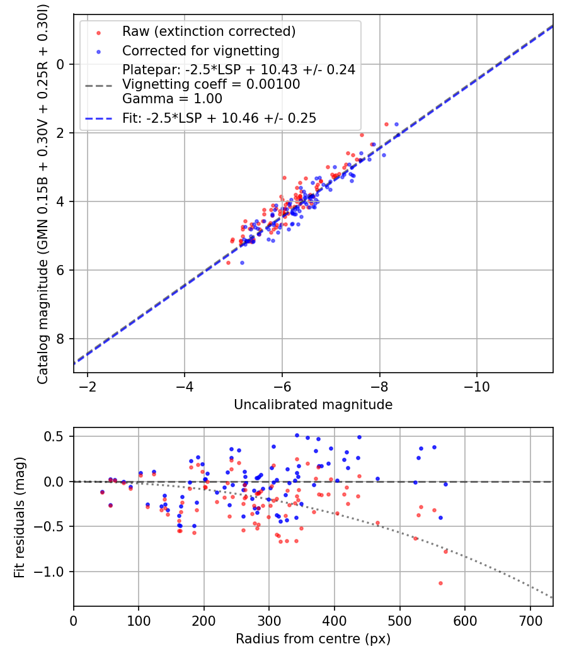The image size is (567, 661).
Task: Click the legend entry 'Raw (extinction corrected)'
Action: (x=209, y=31)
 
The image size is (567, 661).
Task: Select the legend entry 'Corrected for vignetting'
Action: (x=201, y=50)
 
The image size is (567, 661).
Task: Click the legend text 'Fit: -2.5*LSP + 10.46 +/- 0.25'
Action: (x=219, y=118)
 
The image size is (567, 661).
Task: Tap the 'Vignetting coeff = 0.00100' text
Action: (x=211, y=84)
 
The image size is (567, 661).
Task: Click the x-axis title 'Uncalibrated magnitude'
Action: (x=313, y=405)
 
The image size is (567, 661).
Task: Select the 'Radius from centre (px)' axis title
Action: (x=313, y=639)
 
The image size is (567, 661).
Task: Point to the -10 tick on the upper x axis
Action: (x=476, y=386)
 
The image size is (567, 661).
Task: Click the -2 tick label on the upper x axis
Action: (x=88, y=386)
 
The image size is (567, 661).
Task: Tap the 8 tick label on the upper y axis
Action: (x=61, y=339)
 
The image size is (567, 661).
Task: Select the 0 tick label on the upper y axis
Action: (x=61, y=64)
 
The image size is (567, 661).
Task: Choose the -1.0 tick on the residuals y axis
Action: (x=54, y=572)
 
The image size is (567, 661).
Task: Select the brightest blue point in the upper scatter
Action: (x=396, y=124)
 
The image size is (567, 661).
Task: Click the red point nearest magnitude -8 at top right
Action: (x=386, y=124)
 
